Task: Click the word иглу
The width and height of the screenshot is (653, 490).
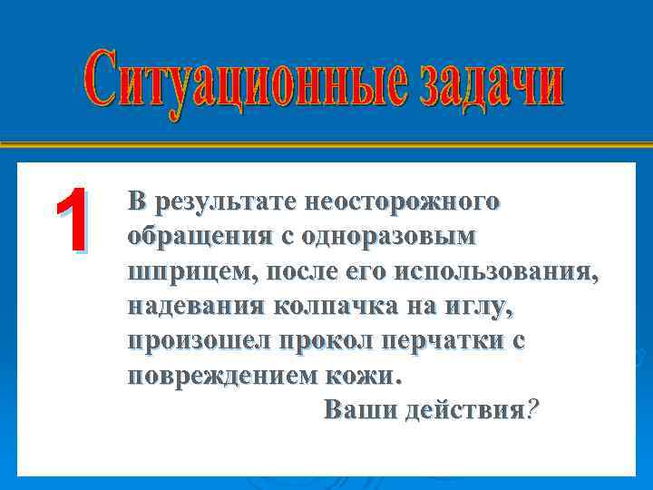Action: click(480, 307)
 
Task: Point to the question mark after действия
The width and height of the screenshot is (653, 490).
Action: click(532, 411)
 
